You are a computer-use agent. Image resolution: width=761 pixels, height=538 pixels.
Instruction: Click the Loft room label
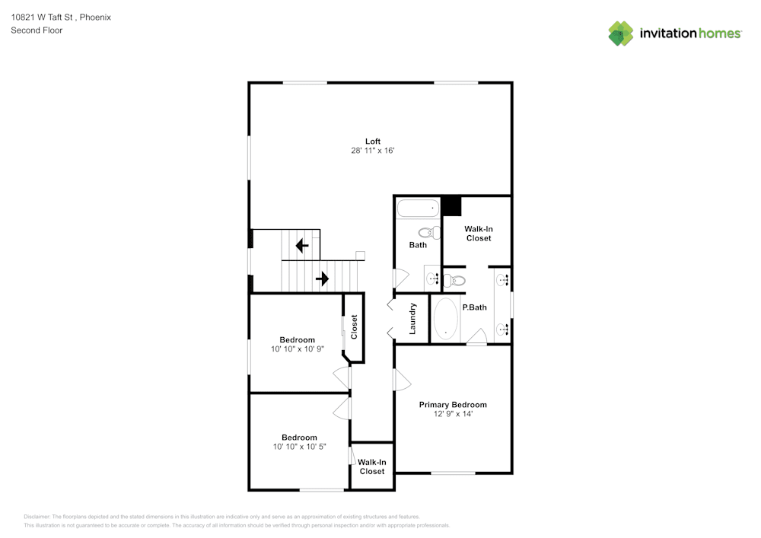pyautogui.click(x=372, y=141)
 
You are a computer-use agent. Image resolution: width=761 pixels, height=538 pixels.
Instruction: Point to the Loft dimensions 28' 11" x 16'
pyautogui.click(x=372, y=151)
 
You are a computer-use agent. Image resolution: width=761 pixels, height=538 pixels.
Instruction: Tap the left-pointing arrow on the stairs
pyautogui.click(x=301, y=246)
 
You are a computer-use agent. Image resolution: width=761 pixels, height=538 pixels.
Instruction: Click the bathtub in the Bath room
pyautogui.click(x=418, y=207)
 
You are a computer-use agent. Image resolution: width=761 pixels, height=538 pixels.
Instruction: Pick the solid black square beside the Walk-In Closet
pyautogui.click(x=452, y=205)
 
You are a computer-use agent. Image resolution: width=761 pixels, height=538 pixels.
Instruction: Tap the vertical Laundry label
pyautogui.click(x=412, y=319)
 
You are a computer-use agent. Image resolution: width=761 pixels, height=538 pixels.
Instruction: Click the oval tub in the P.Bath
pyautogui.click(x=446, y=319)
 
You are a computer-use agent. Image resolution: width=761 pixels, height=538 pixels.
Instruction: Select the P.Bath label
pyautogui.click(x=474, y=307)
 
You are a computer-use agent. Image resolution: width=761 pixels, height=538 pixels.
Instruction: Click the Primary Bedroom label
pyautogui.click(x=453, y=405)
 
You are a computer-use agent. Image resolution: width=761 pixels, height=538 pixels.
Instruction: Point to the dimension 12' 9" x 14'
pyautogui.click(x=453, y=415)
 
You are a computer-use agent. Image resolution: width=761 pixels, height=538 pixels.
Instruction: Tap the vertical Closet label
pyautogui.click(x=354, y=327)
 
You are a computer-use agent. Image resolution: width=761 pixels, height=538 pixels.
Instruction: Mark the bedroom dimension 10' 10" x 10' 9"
pyautogui.click(x=297, y=350)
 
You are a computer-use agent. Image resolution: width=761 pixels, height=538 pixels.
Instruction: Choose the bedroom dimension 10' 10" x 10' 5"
pyautogui.click(x=299, y=447)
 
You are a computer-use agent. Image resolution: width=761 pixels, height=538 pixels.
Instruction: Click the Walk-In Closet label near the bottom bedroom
pyautogui.click(x=372, y=466)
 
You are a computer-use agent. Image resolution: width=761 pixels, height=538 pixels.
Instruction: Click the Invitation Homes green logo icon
pyautogui.click(x=621, y=33)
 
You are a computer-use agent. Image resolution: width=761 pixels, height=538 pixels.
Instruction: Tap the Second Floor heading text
pyautogui.click(x=37, y=30)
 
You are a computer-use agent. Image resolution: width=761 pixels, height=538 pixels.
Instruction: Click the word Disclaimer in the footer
pyautogui.click(x=37, y=517)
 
